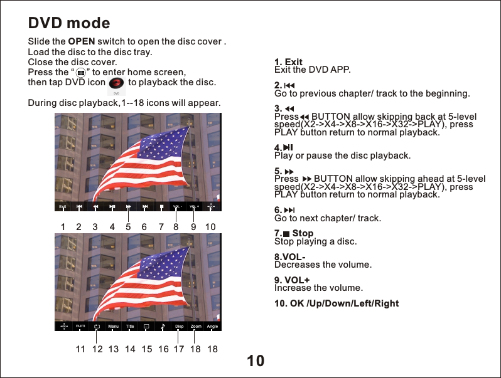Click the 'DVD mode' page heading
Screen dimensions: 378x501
tap(69, 24)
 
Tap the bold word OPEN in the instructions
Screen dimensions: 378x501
tap(81, 42)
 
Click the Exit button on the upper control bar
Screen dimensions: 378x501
tap(63, 206)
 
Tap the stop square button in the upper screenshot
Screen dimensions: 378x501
tap(161, 206)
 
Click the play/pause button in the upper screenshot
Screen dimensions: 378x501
tap(112, 206)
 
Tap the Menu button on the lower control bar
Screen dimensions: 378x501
tap(113, 327)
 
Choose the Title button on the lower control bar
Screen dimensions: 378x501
tap(130, 327)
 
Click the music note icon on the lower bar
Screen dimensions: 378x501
tap(163, 327)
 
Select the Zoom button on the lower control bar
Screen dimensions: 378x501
tap(196, 327)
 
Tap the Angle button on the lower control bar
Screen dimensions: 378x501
tap(212, 327)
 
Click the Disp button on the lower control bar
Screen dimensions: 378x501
tap(179, 327)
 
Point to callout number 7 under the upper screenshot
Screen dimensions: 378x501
tap(161, 227)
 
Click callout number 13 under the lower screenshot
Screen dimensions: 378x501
tap(114, 349)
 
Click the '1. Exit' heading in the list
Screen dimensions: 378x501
tap(289, 62)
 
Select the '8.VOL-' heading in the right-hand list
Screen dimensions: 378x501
tap(290, 258)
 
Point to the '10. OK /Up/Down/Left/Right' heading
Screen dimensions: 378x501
tap(337, 304)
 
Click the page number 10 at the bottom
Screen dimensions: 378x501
tap(256, 361)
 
